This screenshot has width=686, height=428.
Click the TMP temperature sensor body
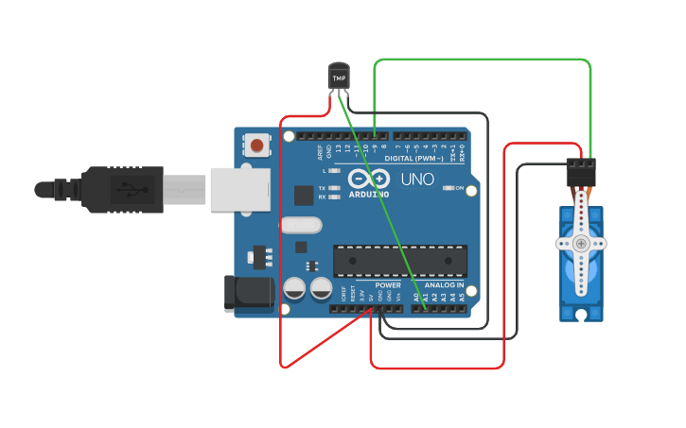point(338,76)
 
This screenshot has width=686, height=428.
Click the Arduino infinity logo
point(369,179)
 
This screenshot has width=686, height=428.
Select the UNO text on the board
point(417,179)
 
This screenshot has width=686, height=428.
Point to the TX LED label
point(323,188)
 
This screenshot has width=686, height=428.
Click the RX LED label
point(323,197)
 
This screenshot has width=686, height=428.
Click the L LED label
point(325,171)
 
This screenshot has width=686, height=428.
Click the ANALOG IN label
point(443,284)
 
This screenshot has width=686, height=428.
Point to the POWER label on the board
point(388,284)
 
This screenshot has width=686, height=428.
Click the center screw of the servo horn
point(580,244)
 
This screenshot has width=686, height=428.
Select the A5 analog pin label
point(463,297)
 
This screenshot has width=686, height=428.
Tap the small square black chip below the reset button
point(304,196)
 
